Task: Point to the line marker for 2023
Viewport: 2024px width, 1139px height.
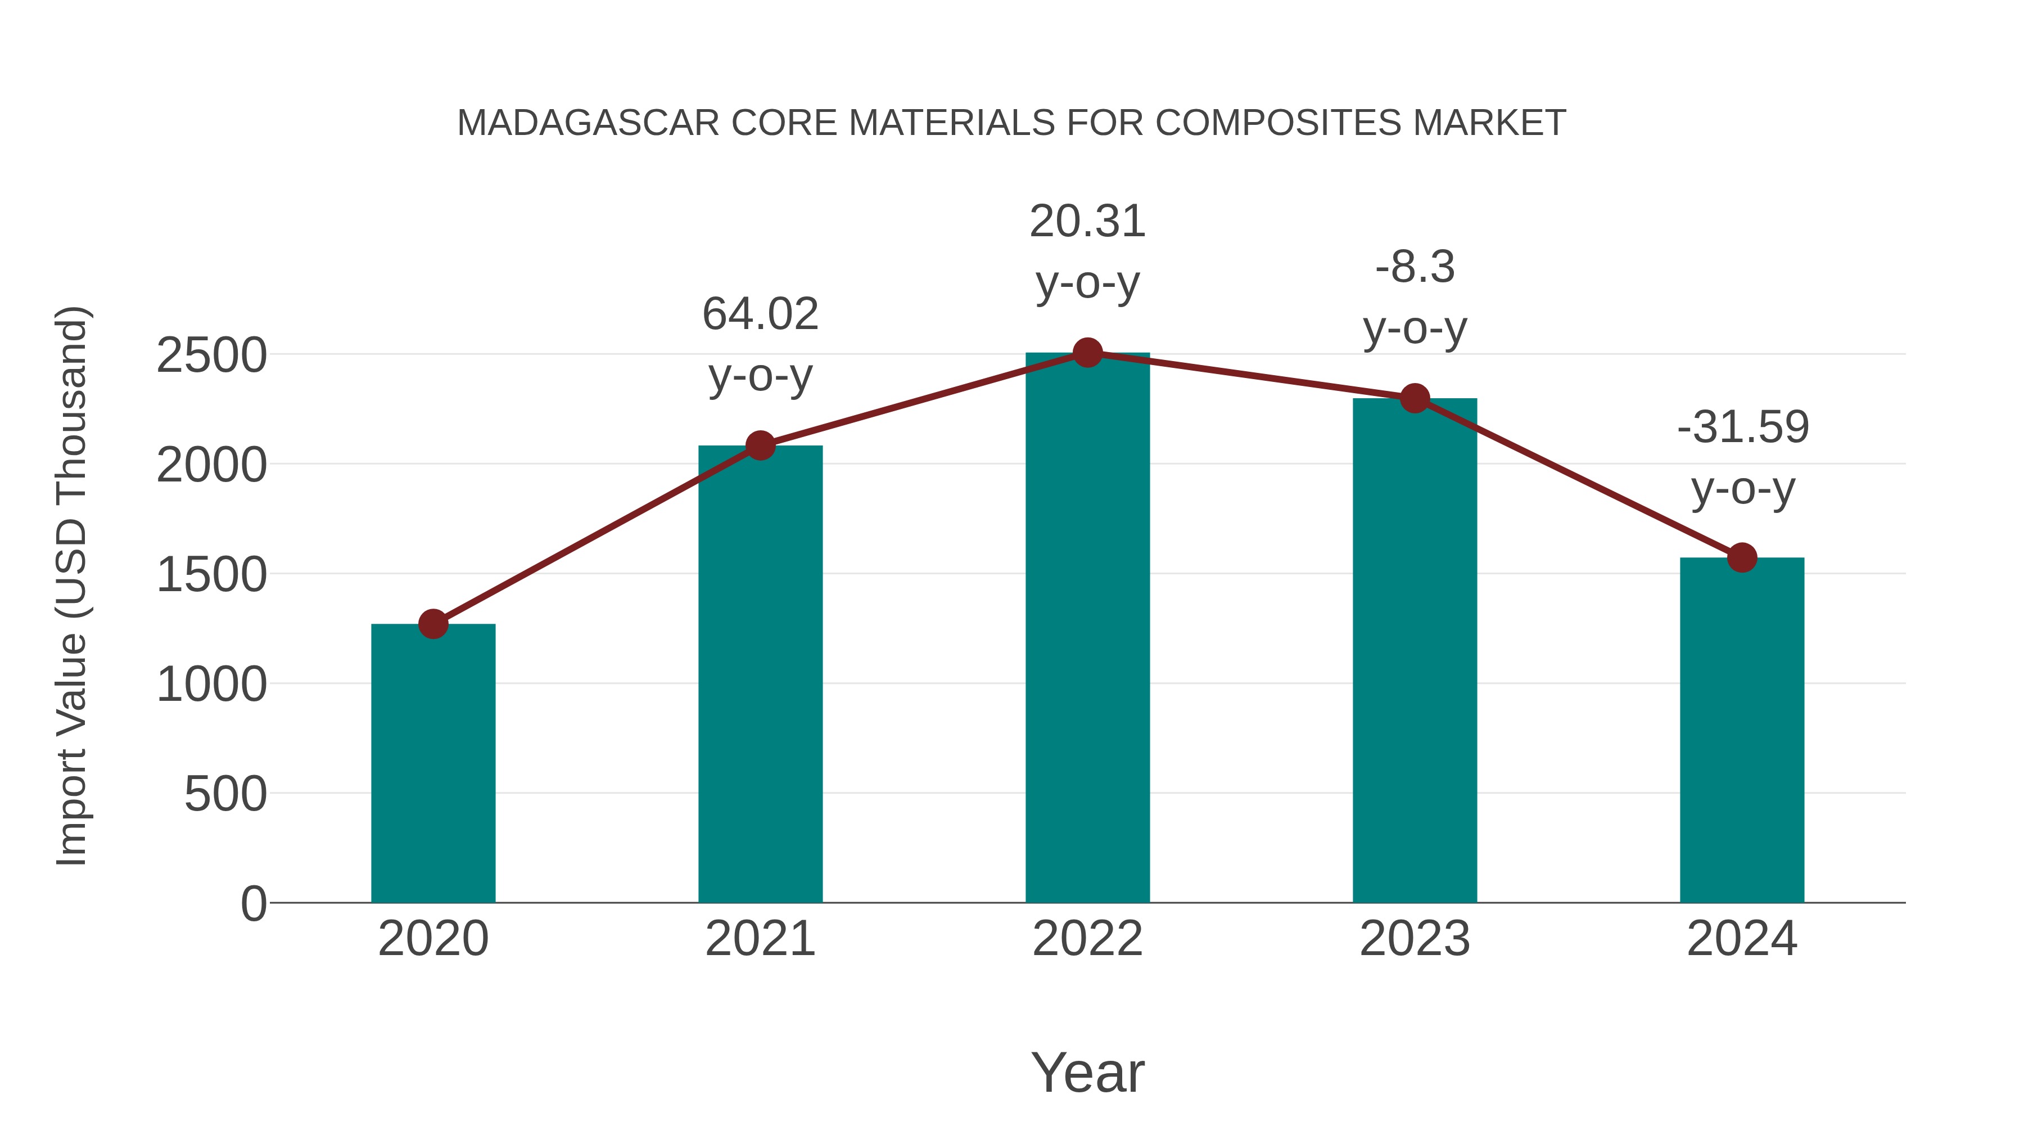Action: pos(1415,399)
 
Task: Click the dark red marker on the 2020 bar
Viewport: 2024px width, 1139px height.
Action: pos(433,624)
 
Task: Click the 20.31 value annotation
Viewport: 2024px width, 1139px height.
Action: pos(1087,222)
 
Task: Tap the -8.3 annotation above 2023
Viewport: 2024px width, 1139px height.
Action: pos(1415,267)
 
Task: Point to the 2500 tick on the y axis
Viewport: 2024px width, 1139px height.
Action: pos(211,355)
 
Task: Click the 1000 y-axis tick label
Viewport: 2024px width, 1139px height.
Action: pos(211,685)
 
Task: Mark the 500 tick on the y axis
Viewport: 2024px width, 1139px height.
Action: pos(225,794)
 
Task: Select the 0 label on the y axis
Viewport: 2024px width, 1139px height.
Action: pos(253,904)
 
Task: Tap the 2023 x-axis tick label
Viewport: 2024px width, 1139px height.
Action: pos(1415,939)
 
